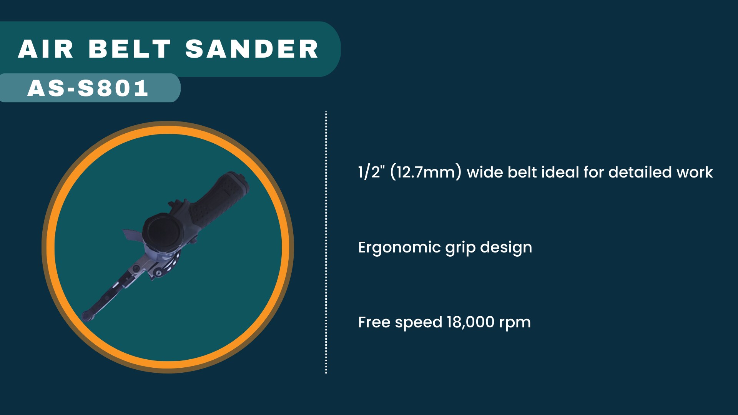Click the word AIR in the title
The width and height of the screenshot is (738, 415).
pyautogui.click(x=46, y=49)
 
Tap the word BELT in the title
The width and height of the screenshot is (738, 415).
pyautogui.click(x=130, y=49)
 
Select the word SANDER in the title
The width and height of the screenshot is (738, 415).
pyautogui.click(x=252, y=49)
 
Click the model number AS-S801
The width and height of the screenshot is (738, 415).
pyautogui.click(x=88, y=88)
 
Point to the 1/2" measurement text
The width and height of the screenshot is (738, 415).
pyautogui.click(x=371, y=172)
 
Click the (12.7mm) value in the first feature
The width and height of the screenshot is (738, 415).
pyautogui.click(x=426, y=172)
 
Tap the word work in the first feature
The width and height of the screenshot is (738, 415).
pyautogui.click(x=695, y=172)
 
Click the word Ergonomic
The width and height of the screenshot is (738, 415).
pyautogui.click(x=399, y=247)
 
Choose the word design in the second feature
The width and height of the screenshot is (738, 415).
pyautogui.click(x=506, y=247)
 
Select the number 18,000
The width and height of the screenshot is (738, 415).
pyautogui.click(x=470, y=322)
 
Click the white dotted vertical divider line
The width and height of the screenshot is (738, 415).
pyautogui.click(x=326, y=242)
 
